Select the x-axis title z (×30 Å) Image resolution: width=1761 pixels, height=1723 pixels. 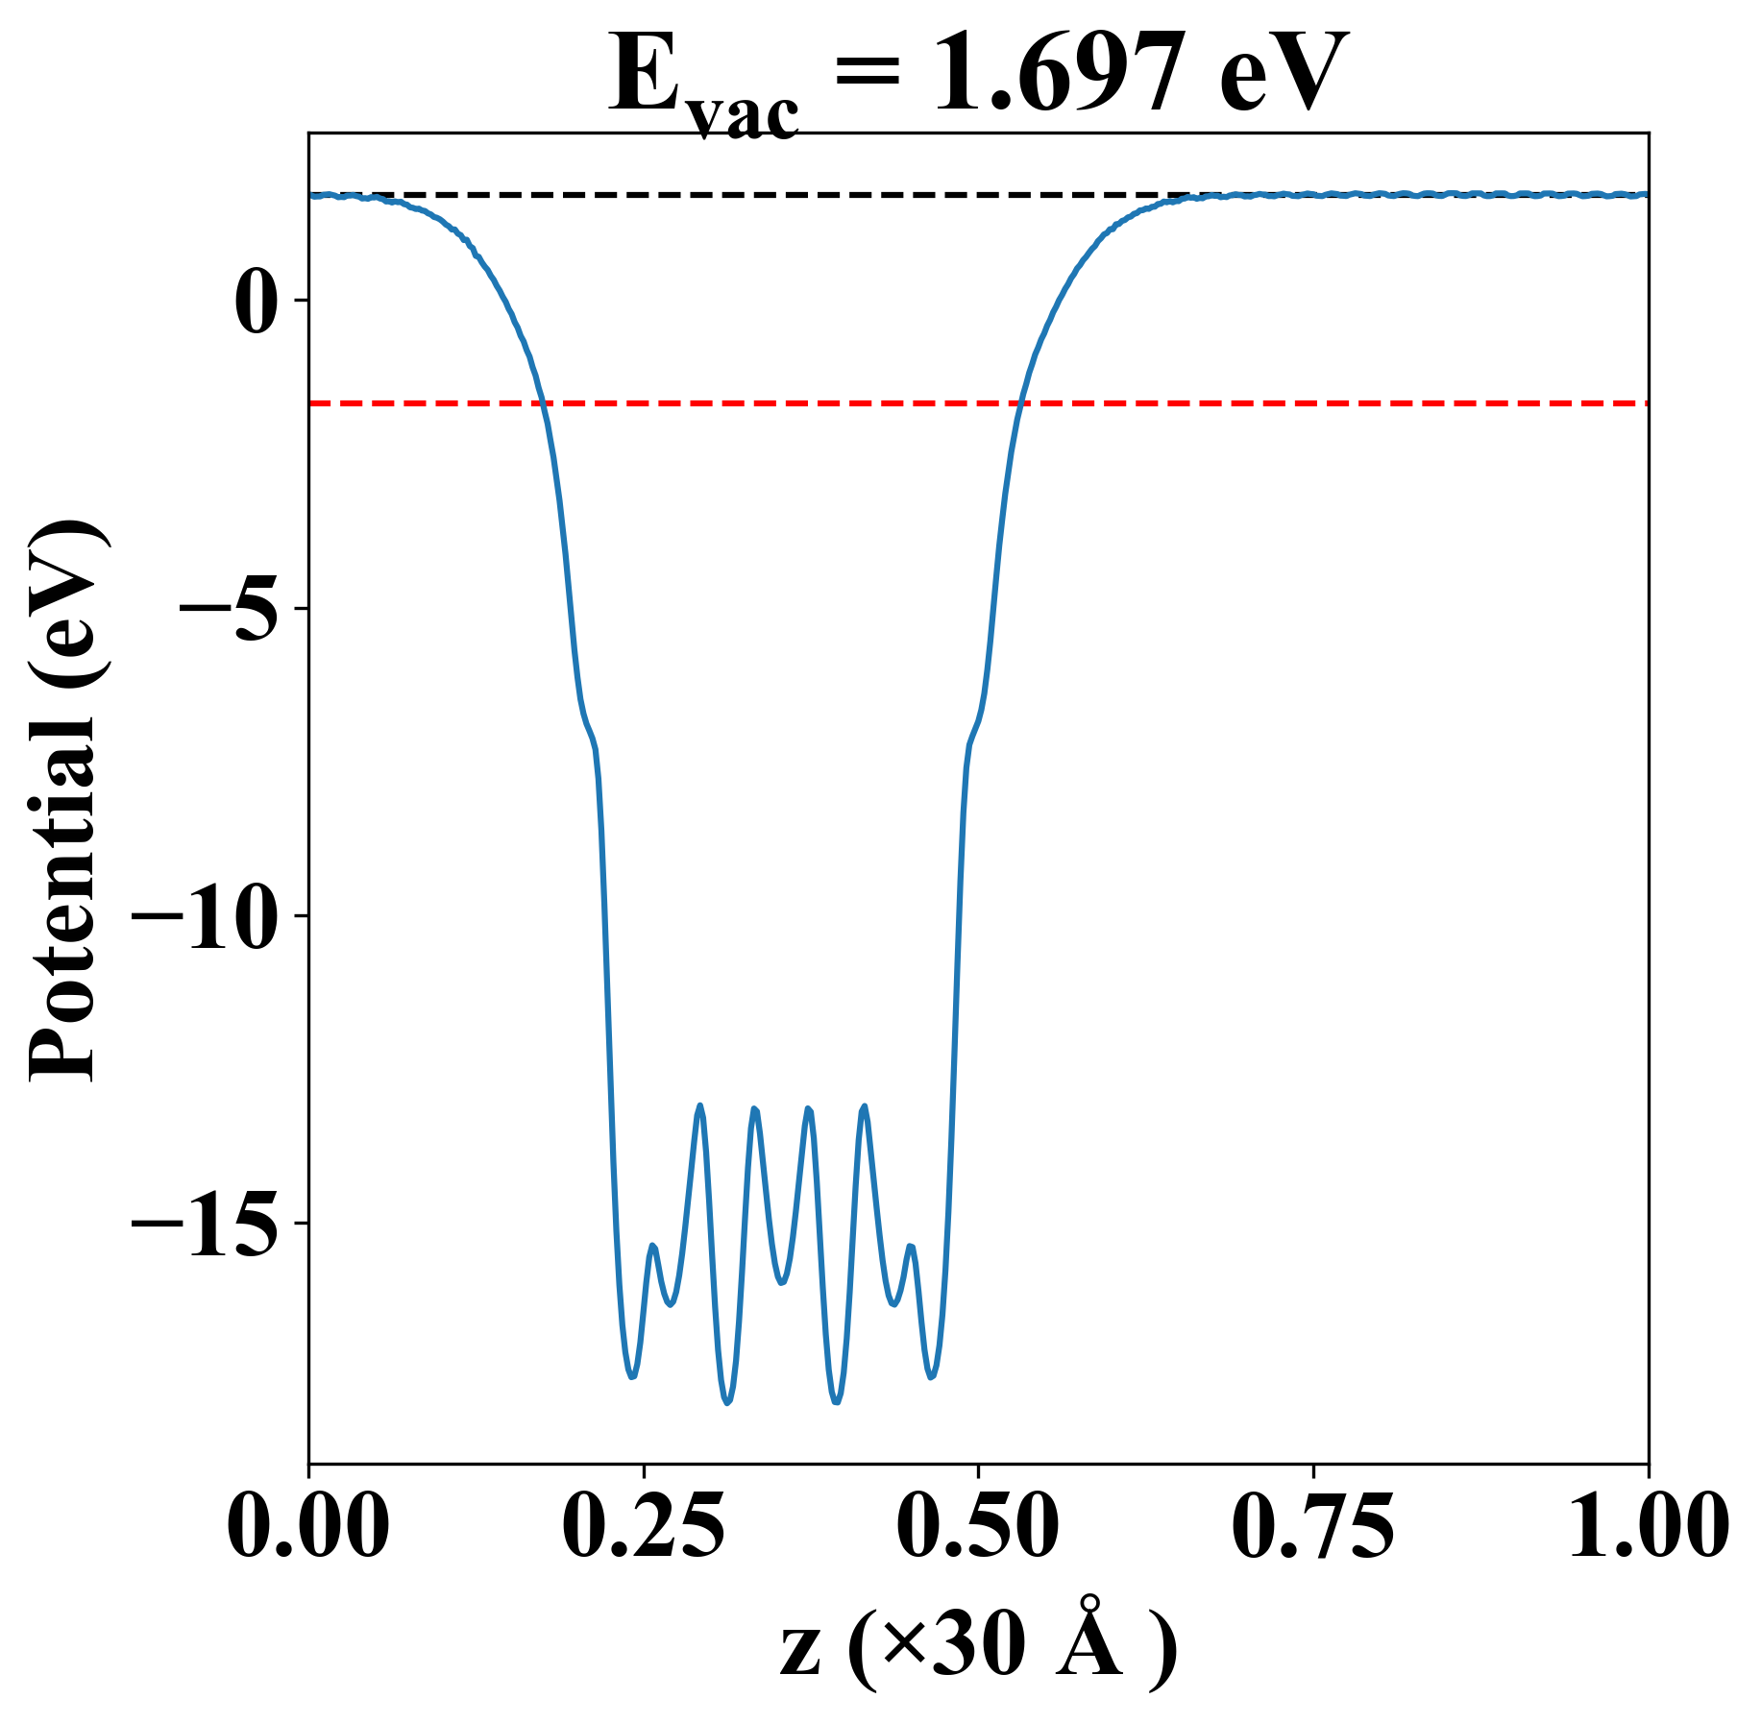[978, 1649]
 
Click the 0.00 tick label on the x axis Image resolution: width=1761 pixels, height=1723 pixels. [308, 1527]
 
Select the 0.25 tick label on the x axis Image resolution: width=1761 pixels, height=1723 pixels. [643, 1527]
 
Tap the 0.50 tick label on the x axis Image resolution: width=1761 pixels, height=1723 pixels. [978, 1527]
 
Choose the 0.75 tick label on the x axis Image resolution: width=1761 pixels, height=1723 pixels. [1312, 1527]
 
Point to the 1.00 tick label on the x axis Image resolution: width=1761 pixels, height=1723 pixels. [1647, 1527]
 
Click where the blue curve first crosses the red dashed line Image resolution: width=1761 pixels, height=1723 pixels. [544, 403]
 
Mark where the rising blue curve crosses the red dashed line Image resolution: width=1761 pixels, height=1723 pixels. [1020, 403]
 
